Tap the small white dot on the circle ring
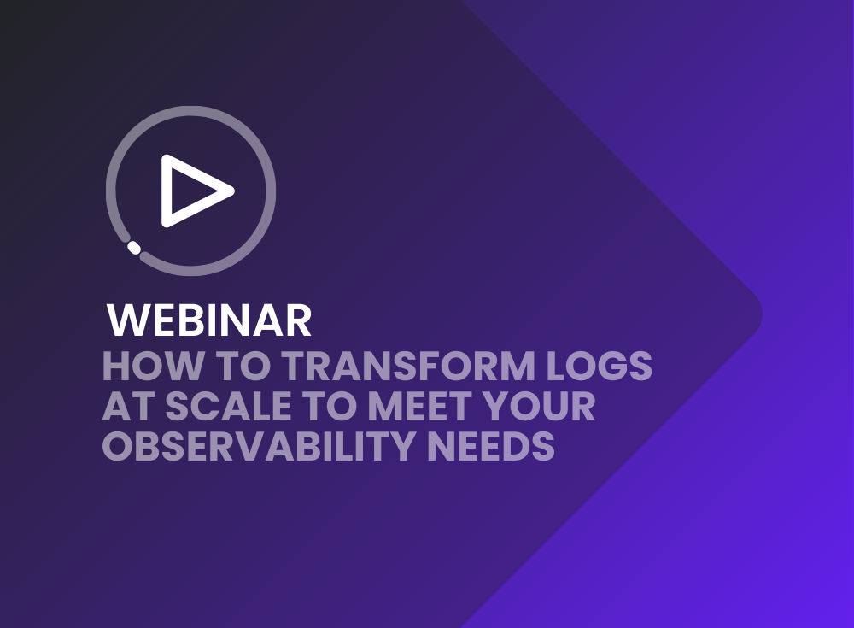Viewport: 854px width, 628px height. tap(134, 248)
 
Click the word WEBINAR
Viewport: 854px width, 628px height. tap(209, 320)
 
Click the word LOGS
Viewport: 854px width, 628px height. tap(600, 366)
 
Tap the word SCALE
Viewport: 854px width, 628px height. tap(228, 406)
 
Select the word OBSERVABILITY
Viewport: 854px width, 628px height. tap(260, 446)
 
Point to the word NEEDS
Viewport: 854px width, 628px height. tap(491, 446)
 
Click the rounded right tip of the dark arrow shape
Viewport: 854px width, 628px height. tap(761, 314)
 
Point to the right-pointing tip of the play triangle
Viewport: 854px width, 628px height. tap(232, 191)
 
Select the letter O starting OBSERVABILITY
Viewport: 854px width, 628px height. tap(118, 446)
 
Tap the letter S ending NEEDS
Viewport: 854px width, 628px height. tap(543, 446)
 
